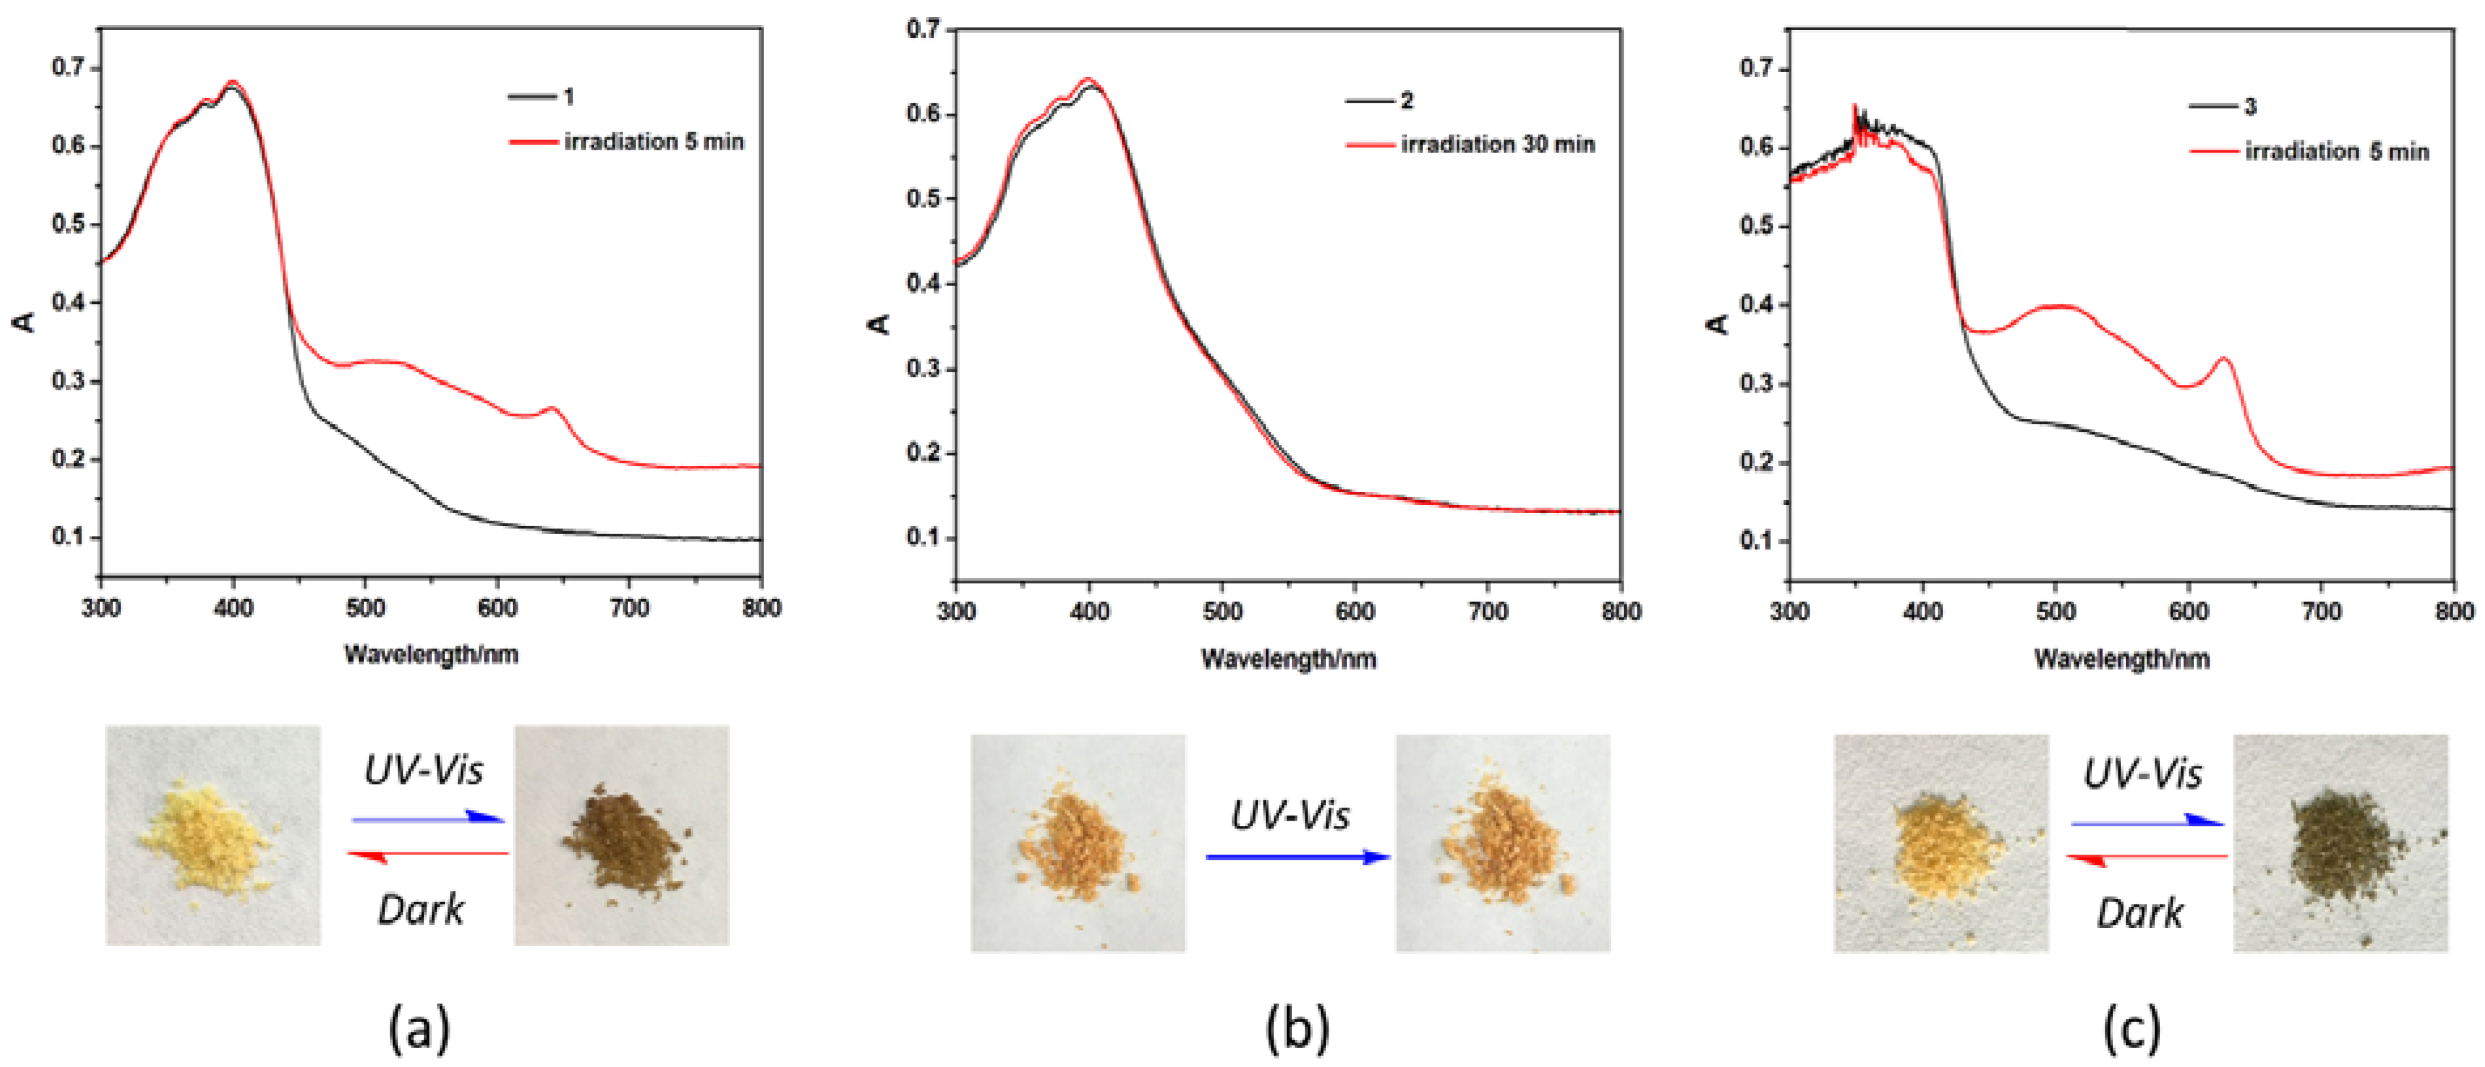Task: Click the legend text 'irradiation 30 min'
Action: click(x=1497, y=144)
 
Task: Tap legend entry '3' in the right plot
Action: click(x=2250, y=106)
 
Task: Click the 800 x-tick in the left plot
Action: click(x=762, y=608)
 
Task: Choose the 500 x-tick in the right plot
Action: click(x=2056, y=612)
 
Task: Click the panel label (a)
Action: click(x=419, y=1028)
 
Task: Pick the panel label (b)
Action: click(x=1297, y=1028)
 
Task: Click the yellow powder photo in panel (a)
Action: click(x=213, y=834)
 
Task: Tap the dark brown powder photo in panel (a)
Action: click(x=621, y=834)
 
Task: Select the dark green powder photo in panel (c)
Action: click(x=2341, y=842)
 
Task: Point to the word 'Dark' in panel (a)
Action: click(x=421, y=910)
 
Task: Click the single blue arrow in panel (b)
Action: click(x=1297, y=857)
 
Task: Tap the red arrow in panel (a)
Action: click(x=427, y=855)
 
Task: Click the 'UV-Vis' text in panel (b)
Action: click(x=1290, y=816)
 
